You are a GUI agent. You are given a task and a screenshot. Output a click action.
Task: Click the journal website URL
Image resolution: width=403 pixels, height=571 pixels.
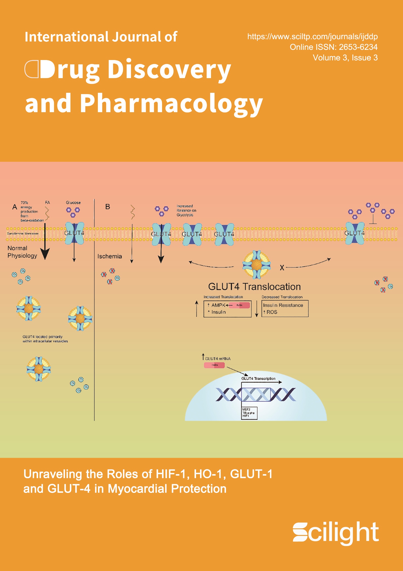pos(312,37)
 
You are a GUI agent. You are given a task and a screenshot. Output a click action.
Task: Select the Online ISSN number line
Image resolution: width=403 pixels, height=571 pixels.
pos(333,47)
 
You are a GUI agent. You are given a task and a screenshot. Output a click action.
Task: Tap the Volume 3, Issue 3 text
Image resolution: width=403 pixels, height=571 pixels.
pos(345,58)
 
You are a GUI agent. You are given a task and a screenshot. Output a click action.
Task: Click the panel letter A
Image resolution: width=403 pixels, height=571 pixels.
pos(15,207)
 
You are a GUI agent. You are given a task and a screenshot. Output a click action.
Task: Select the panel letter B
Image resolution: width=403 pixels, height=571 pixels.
pos(108,207)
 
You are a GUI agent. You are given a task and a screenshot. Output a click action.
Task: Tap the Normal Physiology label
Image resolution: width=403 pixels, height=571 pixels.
pos(22,252)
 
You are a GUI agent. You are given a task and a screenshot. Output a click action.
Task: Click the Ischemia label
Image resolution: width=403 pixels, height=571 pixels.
pos(109,256)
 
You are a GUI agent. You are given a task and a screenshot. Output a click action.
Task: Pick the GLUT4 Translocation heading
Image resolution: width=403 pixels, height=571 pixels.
pos(254,287)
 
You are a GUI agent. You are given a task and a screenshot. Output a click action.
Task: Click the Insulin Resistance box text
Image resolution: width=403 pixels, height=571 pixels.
pos(283,305)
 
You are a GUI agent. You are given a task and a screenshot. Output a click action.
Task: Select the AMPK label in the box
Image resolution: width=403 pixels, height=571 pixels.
pos(218,305)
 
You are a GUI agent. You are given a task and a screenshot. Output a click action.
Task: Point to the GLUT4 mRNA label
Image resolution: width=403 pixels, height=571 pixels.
pos(218,359)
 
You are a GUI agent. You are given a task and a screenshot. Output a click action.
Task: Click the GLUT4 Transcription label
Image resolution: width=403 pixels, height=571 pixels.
pos(258,378)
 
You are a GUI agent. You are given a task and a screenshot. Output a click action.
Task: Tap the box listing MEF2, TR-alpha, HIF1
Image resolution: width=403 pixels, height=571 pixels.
pos(249,413)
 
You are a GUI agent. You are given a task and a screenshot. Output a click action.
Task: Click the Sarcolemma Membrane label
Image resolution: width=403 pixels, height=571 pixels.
pos(23,233)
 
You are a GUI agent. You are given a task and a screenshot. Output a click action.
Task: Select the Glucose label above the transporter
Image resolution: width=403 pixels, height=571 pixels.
pos(73,202)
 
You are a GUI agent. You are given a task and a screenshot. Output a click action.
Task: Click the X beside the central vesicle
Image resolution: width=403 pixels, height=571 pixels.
pos(282,268)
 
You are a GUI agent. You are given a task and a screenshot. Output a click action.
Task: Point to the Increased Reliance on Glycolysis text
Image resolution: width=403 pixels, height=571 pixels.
pos(186,210)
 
